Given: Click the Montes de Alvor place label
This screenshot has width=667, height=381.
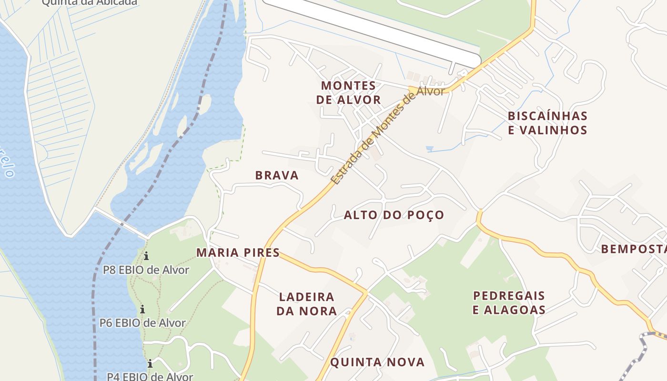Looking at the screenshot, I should point(348,92).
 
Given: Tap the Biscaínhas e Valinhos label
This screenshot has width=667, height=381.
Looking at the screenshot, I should point(547,123).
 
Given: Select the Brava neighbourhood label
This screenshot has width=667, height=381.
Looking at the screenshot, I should point(277,175).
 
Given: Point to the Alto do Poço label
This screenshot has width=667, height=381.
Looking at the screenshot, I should point(394,215).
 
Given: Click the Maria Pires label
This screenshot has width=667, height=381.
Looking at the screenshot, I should point(238,252).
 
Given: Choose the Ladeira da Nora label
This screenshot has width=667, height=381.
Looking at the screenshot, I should point(308,304).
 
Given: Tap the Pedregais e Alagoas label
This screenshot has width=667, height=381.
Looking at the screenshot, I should point(509,302).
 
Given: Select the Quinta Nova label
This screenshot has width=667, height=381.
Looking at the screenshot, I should point(377,362).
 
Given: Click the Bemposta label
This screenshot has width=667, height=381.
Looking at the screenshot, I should point(633,249).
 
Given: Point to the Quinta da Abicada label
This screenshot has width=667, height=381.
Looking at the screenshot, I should point(90,2).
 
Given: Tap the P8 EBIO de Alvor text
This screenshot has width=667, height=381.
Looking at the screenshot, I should point(146,270).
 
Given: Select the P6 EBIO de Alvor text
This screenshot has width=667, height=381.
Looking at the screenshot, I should point(142,322).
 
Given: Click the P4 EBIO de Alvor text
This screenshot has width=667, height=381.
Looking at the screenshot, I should point(150,376).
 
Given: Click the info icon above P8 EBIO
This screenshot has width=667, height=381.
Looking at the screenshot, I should point(146,256).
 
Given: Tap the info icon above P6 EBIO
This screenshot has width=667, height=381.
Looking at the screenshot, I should point(142,310).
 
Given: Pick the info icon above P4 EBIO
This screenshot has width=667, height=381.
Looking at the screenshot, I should point(150,364).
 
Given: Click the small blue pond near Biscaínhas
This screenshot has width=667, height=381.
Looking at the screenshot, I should point(430,149).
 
